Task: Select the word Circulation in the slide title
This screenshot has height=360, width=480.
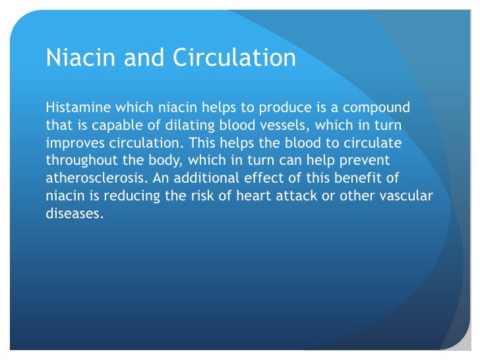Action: (x=234, y=58)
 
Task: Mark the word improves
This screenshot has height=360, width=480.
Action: (x=74, y=142)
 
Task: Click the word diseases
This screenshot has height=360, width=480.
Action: (x=75, y=214)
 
